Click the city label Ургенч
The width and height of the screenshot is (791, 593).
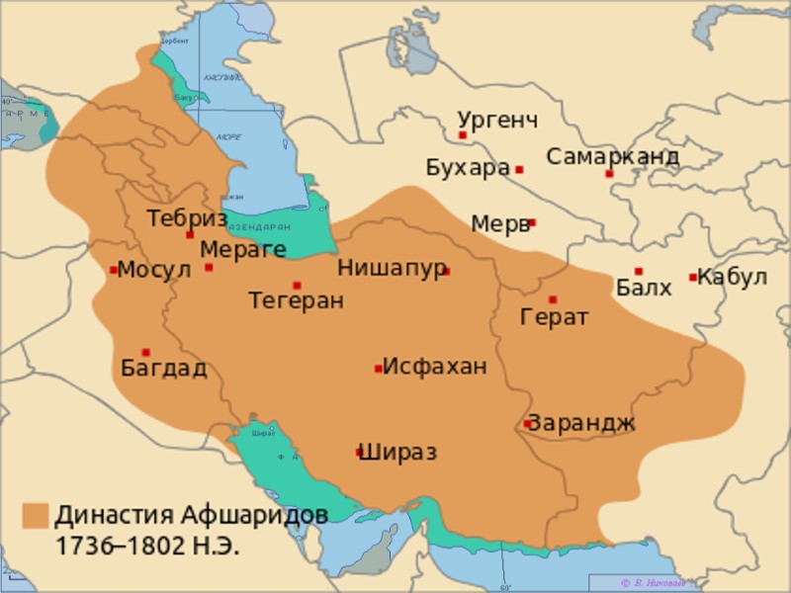[x=498, y=121]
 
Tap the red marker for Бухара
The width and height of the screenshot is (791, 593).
[x=519, y=170]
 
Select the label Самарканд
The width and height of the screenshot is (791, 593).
[x=612, y=156]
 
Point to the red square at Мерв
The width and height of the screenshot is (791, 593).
[x=532, y=223]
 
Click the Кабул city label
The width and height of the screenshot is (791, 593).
[x=732, y=277]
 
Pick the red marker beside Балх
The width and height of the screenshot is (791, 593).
[x=639, y=271]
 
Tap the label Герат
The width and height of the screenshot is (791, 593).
[x=555, y=317]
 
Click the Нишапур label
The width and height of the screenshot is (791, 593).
[x=392, y=268]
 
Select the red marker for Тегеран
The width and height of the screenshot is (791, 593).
[x=297, y=286]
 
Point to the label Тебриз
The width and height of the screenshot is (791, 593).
[x=187, y=218]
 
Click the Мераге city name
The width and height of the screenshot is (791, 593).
[x=242, y=249]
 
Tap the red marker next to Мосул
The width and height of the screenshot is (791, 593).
[x=114, y=270]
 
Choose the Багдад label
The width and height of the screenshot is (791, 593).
[x=163, y=369]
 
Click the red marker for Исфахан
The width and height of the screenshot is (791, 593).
[x=379, y=369]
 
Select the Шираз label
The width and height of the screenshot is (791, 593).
[x=397, y=453]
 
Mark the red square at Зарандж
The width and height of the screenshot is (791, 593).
[x=528, y=424]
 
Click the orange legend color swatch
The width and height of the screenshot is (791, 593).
[x=36, y=515]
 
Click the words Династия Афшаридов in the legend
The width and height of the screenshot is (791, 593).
[x=190, y=515]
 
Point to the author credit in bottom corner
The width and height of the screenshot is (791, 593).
[x=652, y=583]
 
